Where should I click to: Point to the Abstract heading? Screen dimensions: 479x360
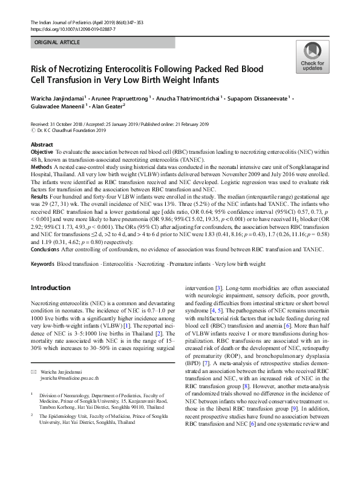coord(42,145)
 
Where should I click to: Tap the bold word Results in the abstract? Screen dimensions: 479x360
coord(39,197)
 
